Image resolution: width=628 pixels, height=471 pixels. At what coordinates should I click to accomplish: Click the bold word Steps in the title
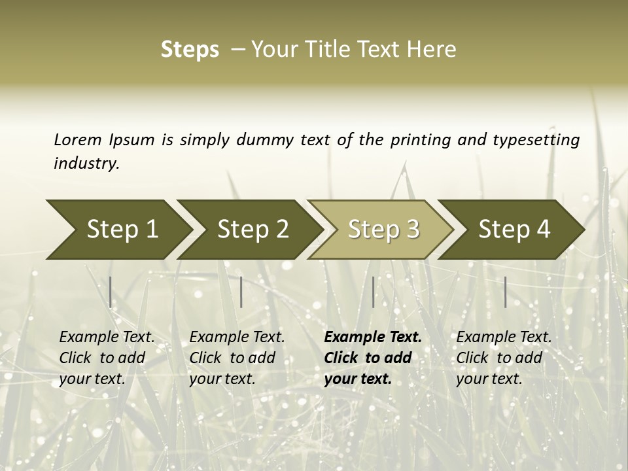pyautogui.click(x=190, y=50)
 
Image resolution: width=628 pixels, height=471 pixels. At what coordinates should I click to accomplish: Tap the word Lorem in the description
pyautogui.click(x=77, y=139)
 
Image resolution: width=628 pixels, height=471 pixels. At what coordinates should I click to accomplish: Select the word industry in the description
pyautogui.click(x=86, y=164)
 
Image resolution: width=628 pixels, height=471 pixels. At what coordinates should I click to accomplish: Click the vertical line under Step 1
pyautogui.click(x=111, y=292)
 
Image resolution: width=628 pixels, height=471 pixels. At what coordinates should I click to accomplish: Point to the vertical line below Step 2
pyautogui.click(x=241, y=292)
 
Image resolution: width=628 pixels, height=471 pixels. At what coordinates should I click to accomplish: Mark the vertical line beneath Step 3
pyautogui.click(x=373, y=292)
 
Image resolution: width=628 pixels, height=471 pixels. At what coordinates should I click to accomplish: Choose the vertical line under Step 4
pyautogui.click(x=506, y=292)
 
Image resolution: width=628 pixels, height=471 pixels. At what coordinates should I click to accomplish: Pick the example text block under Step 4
pyautogui.click(x=504, y=358)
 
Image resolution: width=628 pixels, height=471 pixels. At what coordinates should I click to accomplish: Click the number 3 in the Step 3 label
pyautogui.click(x=411, y=230)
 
